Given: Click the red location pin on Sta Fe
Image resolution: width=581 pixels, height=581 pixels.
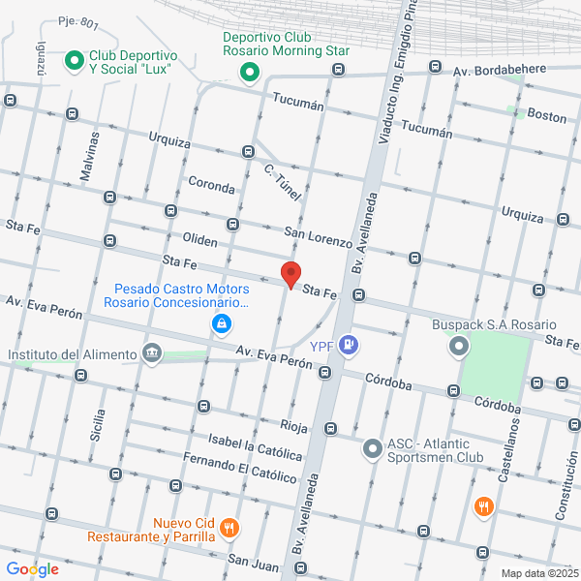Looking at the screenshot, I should [290, 273].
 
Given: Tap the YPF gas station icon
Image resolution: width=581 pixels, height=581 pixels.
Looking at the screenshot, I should [351, 345].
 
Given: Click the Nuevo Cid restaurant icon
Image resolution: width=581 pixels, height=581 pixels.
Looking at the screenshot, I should [229, 529].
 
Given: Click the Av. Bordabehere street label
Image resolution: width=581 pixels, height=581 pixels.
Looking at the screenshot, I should [501, 70].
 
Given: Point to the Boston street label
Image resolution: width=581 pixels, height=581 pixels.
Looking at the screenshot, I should [547, 116].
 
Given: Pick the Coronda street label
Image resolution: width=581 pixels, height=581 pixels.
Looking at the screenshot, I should [211, 185].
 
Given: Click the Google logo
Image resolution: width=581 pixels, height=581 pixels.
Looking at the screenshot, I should [32, 568].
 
